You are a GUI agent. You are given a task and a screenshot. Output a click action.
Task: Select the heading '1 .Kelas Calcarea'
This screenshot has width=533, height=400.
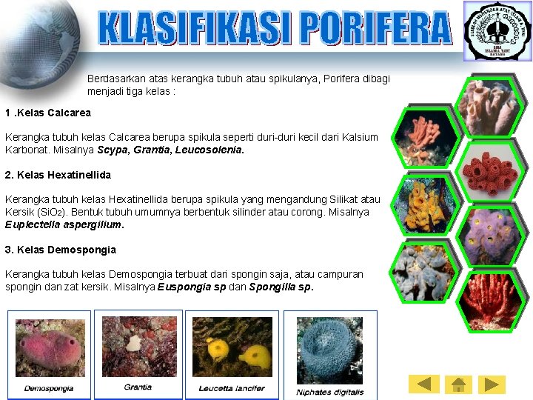48,113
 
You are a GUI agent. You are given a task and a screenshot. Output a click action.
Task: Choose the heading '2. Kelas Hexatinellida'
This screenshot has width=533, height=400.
58,175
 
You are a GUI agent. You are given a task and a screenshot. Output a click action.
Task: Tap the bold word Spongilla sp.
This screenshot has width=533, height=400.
281,287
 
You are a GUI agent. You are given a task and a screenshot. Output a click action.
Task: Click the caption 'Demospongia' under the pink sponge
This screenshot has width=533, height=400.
49,388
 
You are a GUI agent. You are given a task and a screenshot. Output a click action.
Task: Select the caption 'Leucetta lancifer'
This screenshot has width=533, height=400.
231,388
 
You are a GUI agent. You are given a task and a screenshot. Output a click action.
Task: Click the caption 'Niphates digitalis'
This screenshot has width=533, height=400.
330,392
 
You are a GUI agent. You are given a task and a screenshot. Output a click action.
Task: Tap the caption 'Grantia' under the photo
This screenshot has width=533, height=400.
138,387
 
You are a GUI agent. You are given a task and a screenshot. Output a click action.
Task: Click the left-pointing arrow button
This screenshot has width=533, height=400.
424,384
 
